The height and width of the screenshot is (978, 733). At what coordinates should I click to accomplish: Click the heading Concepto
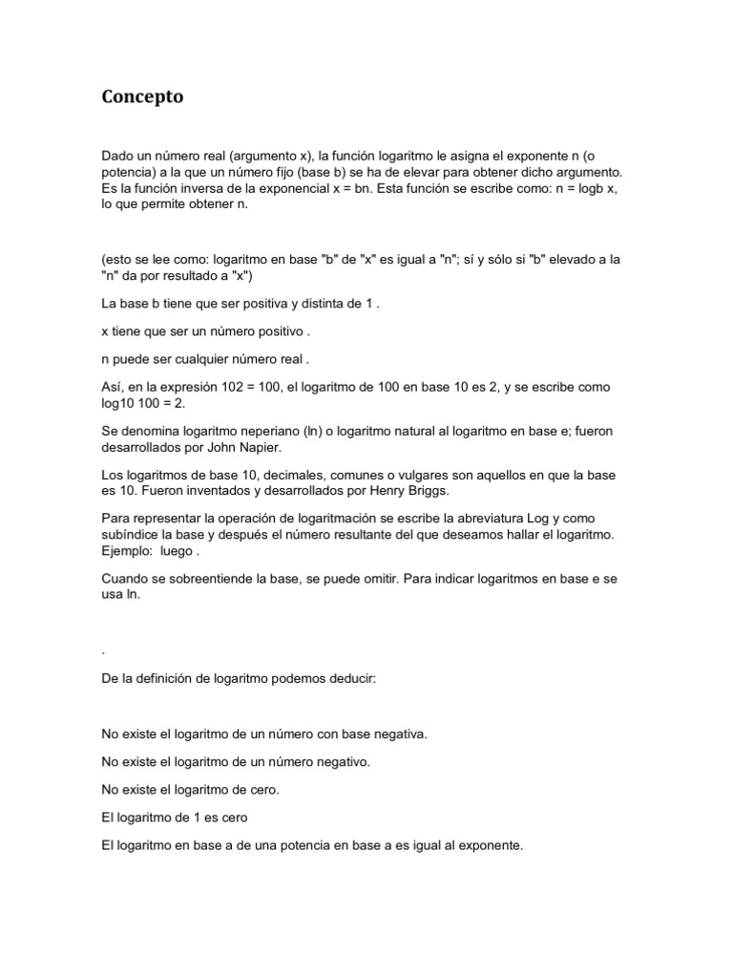142,97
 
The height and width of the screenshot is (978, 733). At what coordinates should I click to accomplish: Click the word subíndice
131,536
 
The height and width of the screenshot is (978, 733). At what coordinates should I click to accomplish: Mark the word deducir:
350,679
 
